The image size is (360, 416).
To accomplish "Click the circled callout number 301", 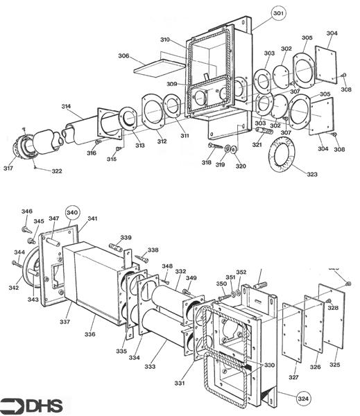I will coord(278,13).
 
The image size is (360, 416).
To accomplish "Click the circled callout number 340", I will coord(72,211).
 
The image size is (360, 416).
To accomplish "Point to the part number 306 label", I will coord(123,55).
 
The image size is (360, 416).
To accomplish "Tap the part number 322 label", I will coord(55,171).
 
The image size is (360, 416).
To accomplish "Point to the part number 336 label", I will coord(89,335).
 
